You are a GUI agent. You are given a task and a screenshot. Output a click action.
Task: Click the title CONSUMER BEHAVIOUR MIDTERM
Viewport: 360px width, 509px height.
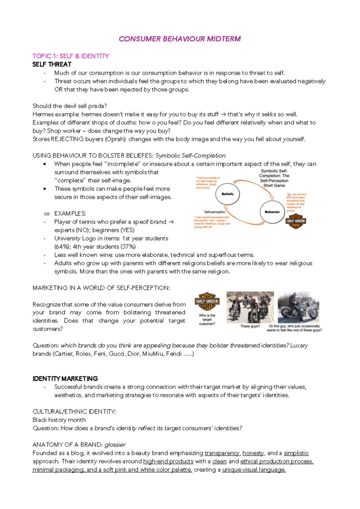180,39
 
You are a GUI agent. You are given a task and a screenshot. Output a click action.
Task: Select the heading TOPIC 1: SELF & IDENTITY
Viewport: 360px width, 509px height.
71,56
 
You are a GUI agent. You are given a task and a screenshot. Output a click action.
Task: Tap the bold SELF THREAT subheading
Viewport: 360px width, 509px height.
52,65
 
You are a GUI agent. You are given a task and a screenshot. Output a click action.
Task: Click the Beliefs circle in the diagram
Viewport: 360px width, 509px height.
227,194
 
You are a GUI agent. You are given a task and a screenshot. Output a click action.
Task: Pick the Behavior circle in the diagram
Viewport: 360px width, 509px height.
272,212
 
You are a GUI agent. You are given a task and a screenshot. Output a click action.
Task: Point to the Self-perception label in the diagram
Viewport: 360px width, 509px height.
214,212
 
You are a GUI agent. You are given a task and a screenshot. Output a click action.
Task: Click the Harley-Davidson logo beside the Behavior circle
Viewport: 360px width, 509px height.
296,221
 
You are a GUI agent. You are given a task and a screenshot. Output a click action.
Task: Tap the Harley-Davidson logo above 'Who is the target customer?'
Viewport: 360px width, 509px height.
207,301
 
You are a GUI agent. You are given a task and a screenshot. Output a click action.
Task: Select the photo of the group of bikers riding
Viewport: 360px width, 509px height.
250,307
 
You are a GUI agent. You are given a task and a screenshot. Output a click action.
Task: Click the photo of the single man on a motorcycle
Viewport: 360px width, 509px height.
298,307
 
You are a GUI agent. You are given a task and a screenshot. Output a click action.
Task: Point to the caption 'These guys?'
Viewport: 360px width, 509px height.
250,326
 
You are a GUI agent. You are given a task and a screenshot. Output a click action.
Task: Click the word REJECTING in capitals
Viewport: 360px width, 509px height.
67,139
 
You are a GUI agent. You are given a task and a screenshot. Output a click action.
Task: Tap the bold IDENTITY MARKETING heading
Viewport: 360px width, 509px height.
65,379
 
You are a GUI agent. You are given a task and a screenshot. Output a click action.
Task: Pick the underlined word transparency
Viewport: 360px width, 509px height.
222,453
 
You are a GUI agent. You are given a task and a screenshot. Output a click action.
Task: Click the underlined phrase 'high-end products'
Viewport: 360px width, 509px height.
168,461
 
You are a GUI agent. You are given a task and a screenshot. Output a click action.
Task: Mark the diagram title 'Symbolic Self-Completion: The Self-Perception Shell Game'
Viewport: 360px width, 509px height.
274,178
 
